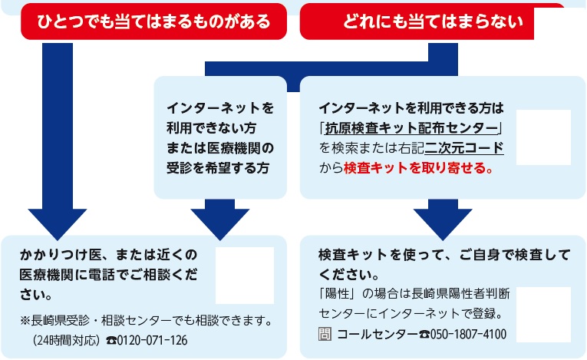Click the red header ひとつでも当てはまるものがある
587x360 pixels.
click(x=154, y=21)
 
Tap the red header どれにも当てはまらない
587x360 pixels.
click(x=433, y=21)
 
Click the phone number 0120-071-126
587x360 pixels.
click(x=153, y=340)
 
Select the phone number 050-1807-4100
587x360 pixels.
click(x=468, y=334)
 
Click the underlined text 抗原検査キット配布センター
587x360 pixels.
click(x=411, y=128)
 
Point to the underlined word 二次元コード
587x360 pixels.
click(x=464, y=148)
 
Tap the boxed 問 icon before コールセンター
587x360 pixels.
click(x=325, y=334)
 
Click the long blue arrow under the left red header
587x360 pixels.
click(x=58, y=141)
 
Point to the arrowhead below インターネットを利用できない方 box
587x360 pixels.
click(x=220, y=220)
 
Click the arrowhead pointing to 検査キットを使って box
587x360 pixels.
click(x=443, y=220)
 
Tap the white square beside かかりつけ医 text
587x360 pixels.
click(x=245, y=276)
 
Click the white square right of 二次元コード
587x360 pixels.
click(x=543, y=137)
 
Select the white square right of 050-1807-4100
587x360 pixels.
click(x=543, y=315)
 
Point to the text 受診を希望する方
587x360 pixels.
click(x=218, y=168)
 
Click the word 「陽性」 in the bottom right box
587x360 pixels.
click(x=337, y=294)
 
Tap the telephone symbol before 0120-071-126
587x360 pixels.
click(x=111, y=341)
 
